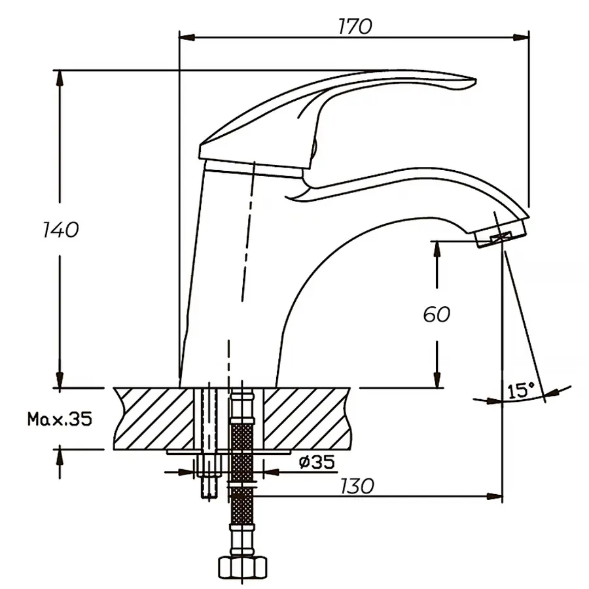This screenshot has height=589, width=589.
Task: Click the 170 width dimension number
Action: [x=355, y=27]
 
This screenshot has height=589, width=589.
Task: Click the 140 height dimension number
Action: [x=60, y=230]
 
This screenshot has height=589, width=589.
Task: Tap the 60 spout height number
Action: [x=436, y=314]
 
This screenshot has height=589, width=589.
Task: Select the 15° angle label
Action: [x=521, y=391]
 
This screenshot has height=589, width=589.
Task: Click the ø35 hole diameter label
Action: [x=317, y=463]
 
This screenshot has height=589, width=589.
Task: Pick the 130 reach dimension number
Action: [x=357, y=486]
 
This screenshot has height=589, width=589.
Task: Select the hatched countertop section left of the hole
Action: [x=154, y=417]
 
